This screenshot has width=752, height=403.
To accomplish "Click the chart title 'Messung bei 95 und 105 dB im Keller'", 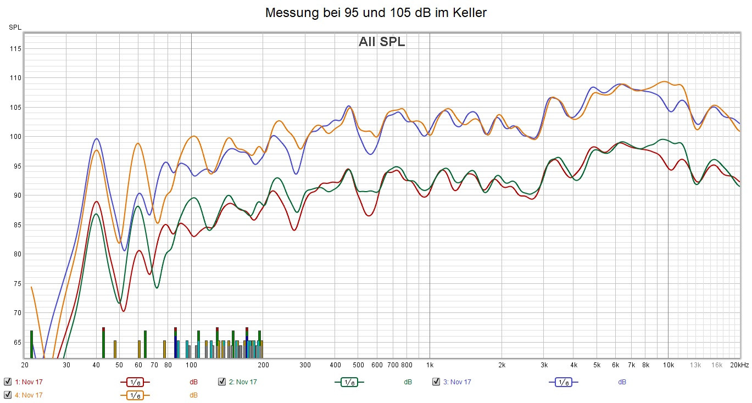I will (x=376, y=13).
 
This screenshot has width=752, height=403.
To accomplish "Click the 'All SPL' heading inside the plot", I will (x=382, y=42).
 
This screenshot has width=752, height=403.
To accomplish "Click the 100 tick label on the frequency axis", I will (x=191, y=365).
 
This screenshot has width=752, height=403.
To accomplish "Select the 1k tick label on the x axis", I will (x=430, y=365).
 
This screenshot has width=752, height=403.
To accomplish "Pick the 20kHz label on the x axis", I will (x=739, y=365).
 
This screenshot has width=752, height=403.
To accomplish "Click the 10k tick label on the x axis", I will (x=668, y=365).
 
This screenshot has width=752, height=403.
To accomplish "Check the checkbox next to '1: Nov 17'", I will (x=8, y=382).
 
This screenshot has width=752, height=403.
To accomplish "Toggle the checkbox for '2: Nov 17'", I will (x=222, y=382).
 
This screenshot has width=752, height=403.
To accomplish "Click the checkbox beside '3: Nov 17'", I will (x=436, y=382).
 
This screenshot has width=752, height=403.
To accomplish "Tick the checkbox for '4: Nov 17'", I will (x=8, y=395).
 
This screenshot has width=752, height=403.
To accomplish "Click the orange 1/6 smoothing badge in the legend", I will (x=135, y=395).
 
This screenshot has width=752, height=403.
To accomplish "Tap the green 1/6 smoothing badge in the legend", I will (x=349, y=382).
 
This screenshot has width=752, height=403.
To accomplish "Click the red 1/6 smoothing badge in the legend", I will (x=135, y=382).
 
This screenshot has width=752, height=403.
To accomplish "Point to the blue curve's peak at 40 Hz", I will (x=97, y=138).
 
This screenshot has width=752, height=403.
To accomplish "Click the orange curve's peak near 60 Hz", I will (x=138, y=143).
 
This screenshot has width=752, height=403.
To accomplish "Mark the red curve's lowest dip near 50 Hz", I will (x=123, y=311).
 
